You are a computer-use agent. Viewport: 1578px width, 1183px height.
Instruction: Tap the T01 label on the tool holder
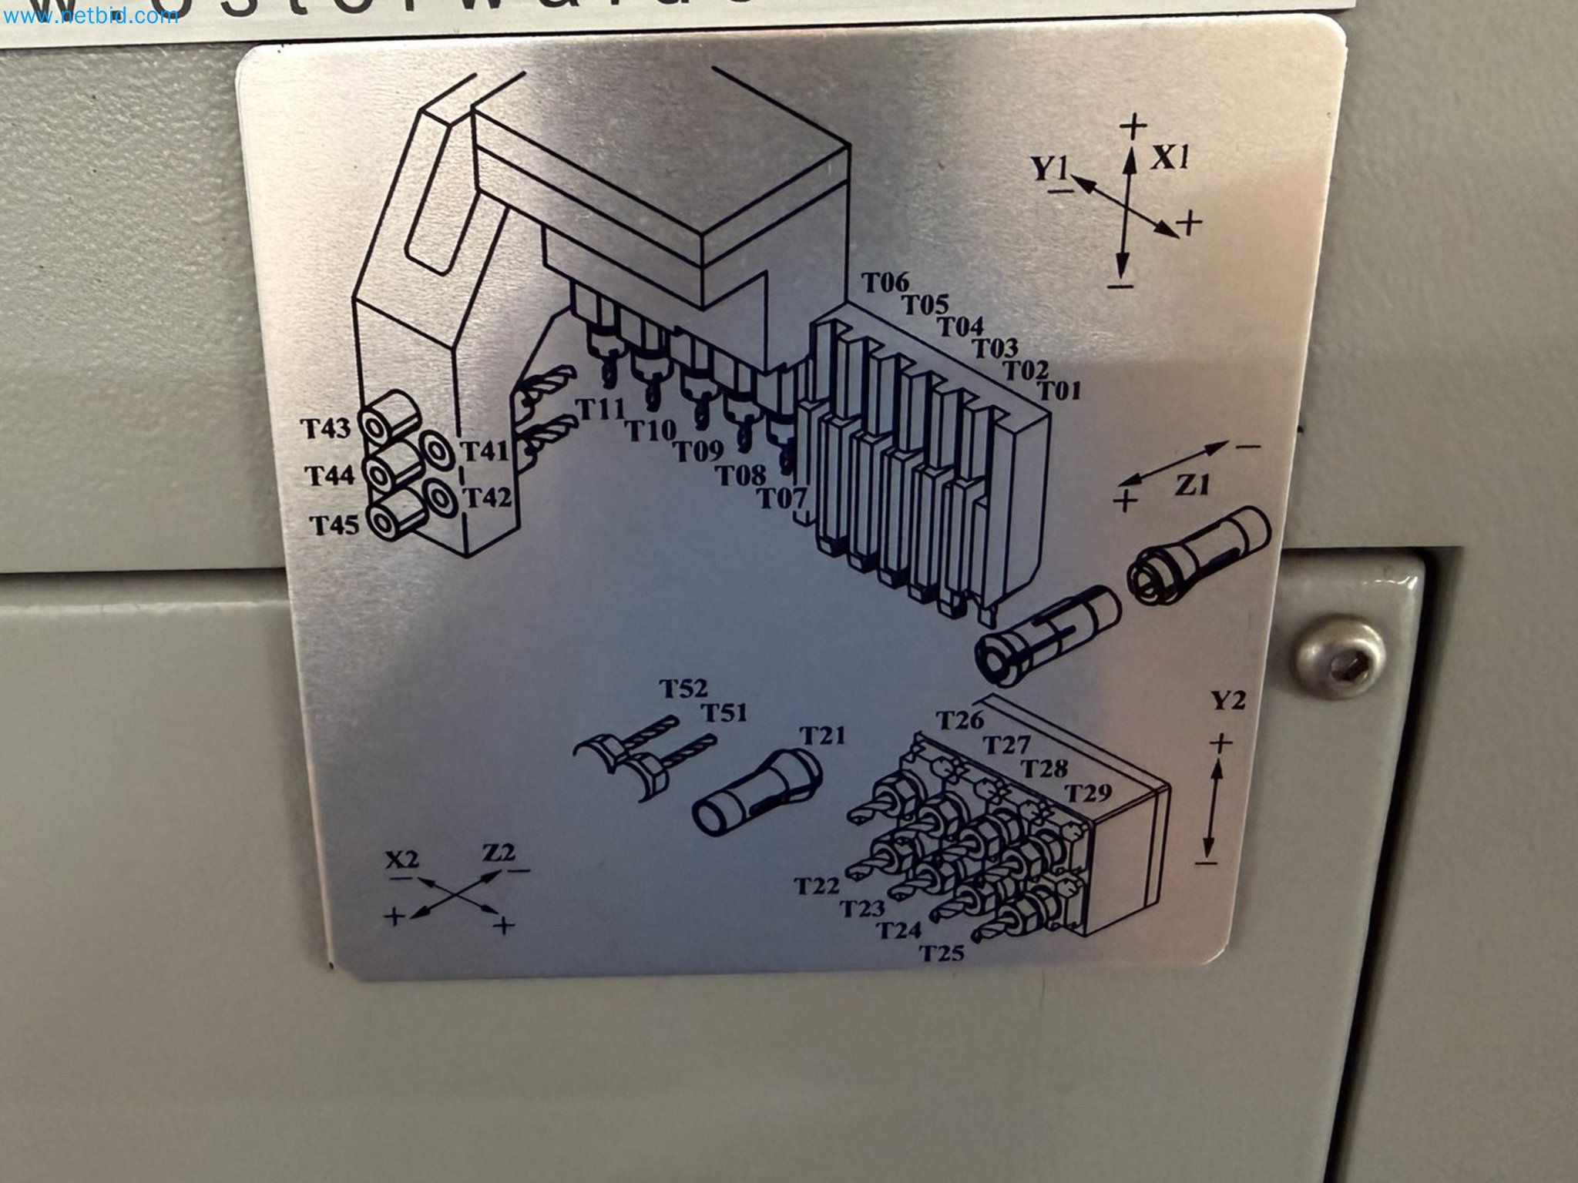coord(1061,390)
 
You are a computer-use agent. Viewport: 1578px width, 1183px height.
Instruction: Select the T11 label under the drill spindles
coord(600,410)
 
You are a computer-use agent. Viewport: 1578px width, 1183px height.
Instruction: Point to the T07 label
coord(782,499)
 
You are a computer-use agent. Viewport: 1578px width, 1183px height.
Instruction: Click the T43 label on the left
coord(325,427)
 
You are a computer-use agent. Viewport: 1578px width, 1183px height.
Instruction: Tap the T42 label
coord(487,498)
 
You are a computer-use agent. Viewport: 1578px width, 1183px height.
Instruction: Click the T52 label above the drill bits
coord(683,687)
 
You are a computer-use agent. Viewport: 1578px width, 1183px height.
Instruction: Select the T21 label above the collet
coord(821,736)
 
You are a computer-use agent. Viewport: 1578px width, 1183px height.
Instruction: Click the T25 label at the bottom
coord(942,953)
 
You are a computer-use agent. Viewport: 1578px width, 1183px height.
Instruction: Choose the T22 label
coord(817,886)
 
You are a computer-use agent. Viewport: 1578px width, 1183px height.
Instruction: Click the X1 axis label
coord(1171,159)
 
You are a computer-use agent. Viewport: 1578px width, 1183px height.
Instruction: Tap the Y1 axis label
coord(1051,167)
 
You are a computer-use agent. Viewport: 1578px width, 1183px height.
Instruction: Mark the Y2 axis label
coord(1227,699)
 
